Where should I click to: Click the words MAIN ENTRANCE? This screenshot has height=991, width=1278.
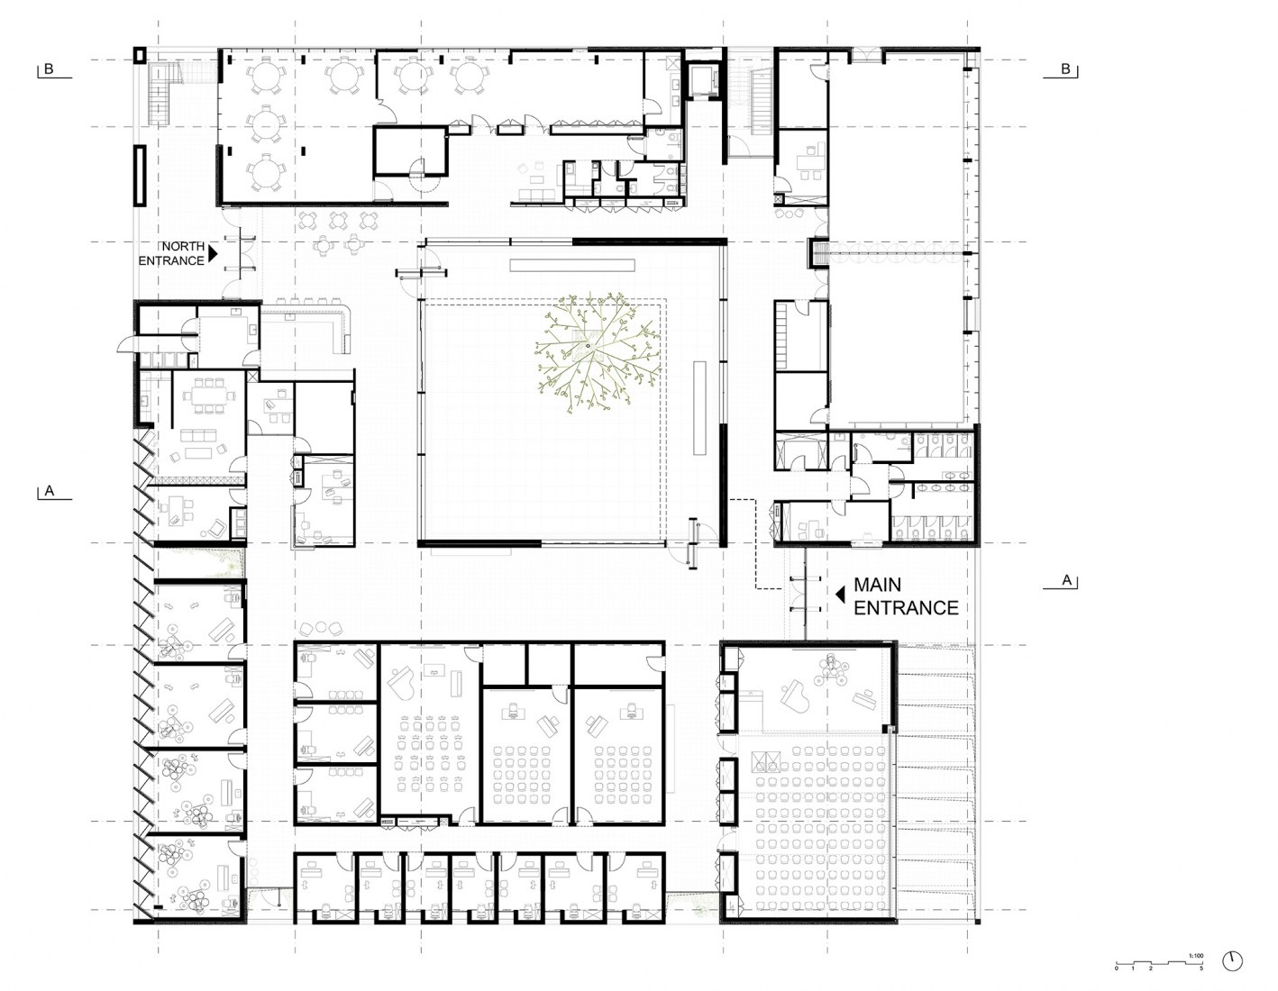click(x=905, y=597)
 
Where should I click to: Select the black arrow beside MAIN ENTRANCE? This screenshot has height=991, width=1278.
click(x=838, y=594)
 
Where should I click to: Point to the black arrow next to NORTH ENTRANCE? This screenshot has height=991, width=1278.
click(x=214, y=253)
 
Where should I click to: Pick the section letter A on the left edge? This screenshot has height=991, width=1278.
click(x=49, y=491)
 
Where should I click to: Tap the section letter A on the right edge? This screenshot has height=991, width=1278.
click(x=1066, y=581)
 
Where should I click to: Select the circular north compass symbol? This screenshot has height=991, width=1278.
click(x=1232, y=960)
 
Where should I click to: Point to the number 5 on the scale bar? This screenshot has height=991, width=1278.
click(x=1200, y=969)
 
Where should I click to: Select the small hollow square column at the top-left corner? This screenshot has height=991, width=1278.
click(x=139, y=55)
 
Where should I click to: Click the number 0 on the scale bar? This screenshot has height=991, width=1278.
click(x=1117, y=969)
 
